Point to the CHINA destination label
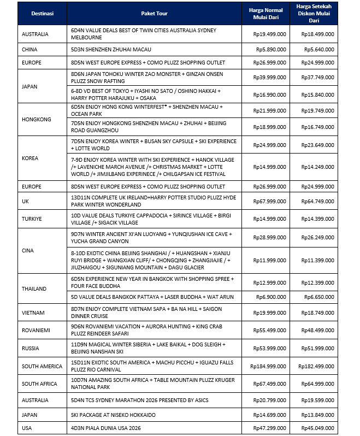click(29, 49)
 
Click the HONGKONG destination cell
click(37, 119)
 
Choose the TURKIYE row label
click(33, 219)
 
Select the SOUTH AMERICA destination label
click(43, 366)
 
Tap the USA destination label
click(27, 428)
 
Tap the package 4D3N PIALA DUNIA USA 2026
click(106, 428)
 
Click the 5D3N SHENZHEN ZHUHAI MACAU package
click(106, 49)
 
